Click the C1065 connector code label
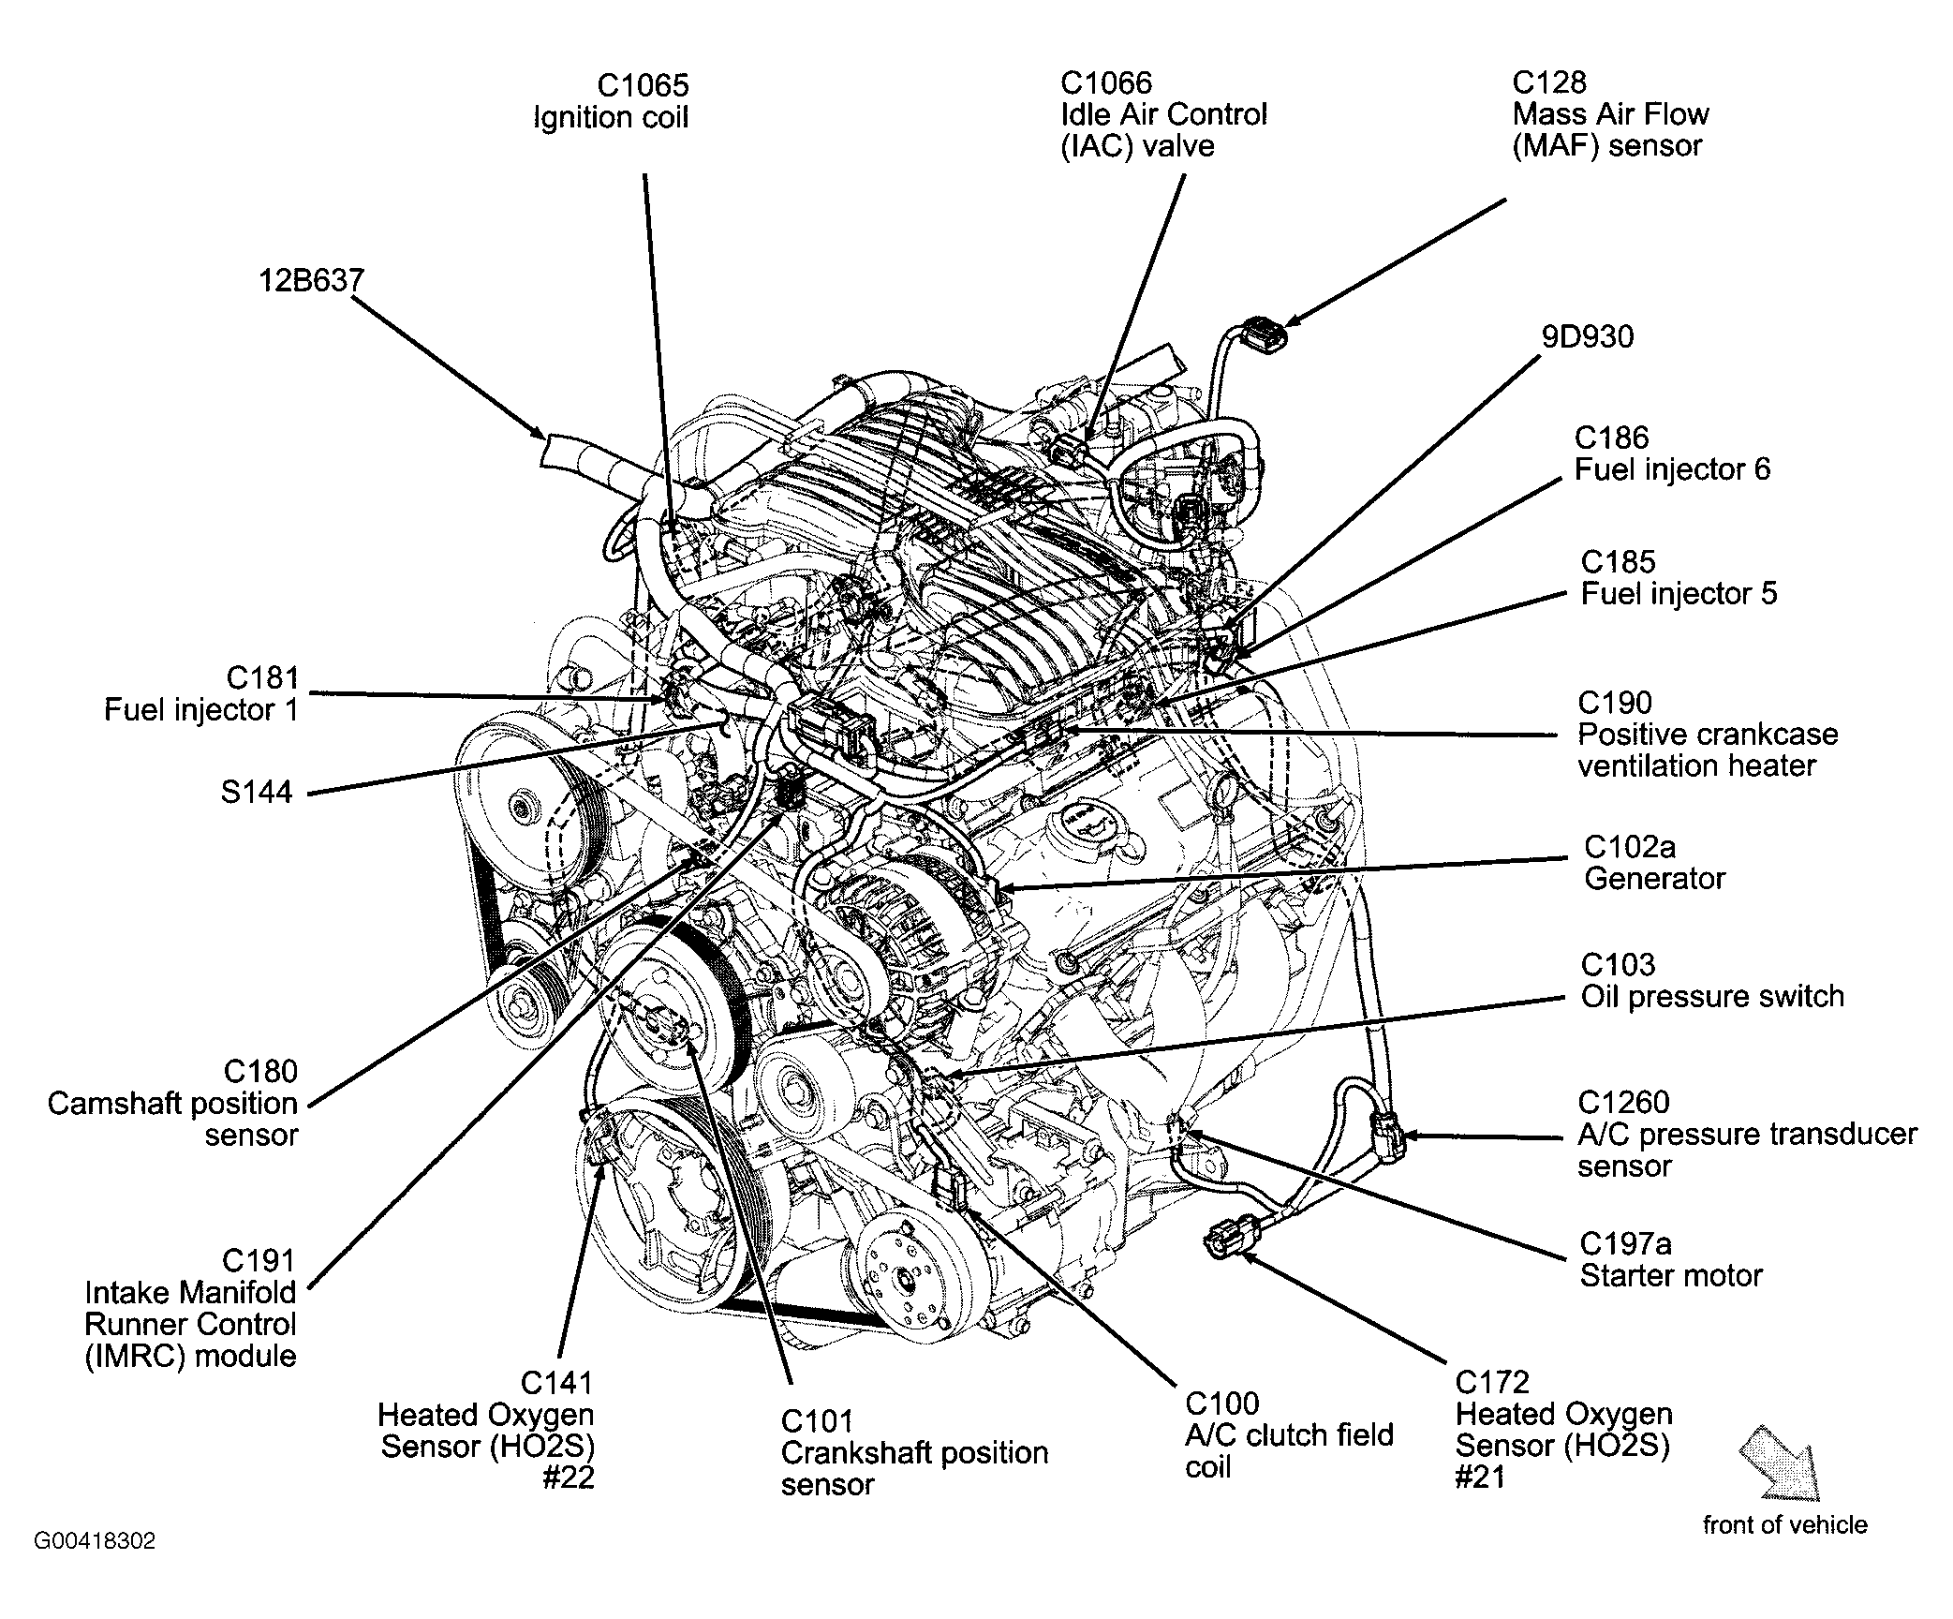click(x=643, y=85)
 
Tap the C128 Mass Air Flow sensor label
click(x=1609, y=114)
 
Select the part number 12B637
click(x=311, y=280)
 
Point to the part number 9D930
click(x=1587, y=336)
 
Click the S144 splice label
click(x=257, y=793)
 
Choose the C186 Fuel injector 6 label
click(x=1671, y=453)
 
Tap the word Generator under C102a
click(x=1654, y=879)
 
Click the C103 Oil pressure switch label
click(x=1711, y=980)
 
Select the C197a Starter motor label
click(x=1670, y=1259)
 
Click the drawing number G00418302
click(x=95, y=1541)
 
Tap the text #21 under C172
click(x=1480, y=1478)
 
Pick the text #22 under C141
click(x=569, y=1478)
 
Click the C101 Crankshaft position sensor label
click(x=913, y=1452)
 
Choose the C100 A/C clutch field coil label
click(x=1288, y=1434)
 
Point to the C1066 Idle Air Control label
click(x=1162, y=114)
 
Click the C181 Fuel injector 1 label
click(x=201, y=693)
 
